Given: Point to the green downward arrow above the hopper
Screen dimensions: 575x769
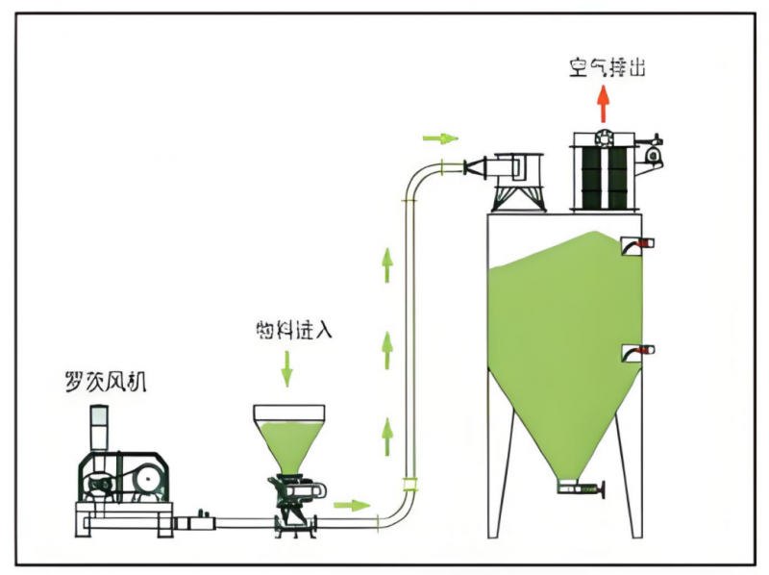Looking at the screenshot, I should [285, 368].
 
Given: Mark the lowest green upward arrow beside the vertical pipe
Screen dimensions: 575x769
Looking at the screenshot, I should [386, 437].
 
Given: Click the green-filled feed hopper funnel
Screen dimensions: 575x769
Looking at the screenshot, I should [287, 437].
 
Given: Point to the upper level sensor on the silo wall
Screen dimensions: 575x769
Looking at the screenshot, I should [633, 244].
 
